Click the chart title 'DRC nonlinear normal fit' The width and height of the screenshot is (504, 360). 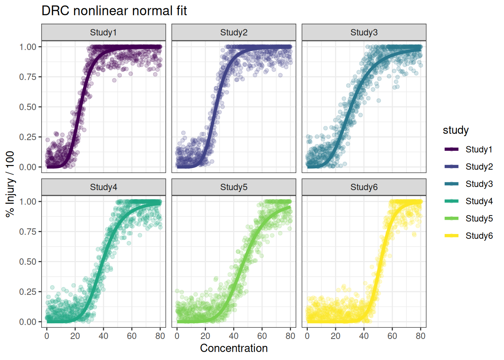click(114, 11)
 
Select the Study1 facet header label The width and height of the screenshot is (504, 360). click(103, 33)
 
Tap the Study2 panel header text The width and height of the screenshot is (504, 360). click(234, 33)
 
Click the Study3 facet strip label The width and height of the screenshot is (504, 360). click(364, 33)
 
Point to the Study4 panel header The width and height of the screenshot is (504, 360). click(103, 187)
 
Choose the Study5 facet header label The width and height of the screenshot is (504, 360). click(234, 187)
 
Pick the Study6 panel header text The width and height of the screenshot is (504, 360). click(364, 187)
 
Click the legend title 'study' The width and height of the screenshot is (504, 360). click(456, 130)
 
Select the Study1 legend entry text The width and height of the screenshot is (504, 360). click(479, 150)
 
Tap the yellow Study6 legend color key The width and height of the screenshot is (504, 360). click(451, 236)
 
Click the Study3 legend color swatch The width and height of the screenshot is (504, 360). click(451, 184)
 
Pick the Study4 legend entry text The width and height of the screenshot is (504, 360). click(479, 201)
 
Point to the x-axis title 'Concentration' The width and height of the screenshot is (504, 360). click(234, 348)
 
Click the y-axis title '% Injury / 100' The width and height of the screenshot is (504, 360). click(10, 184)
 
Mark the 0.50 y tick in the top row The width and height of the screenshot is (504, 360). click(28, 107)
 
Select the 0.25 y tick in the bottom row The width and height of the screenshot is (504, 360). click(28, 292)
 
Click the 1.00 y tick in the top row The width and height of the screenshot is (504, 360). click(28, 47)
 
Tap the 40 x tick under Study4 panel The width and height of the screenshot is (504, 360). click(103, 336)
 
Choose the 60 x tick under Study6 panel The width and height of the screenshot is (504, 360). click(392, 336)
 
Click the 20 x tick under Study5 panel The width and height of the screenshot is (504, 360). click(205, 336)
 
